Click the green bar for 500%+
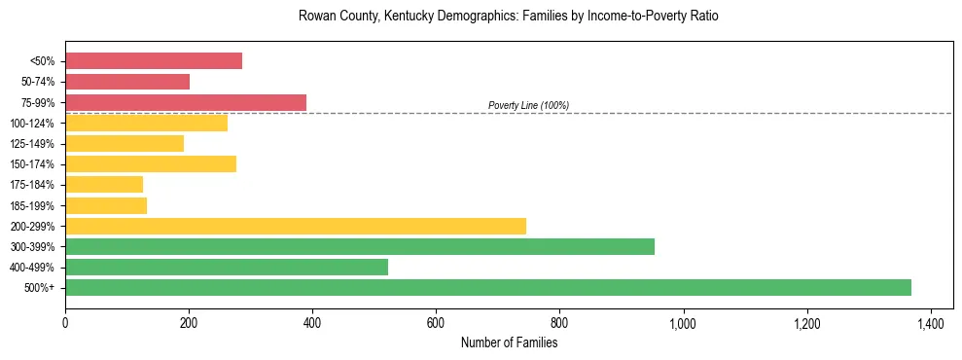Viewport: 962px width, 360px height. pos(487,287)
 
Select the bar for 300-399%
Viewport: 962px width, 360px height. pos(360,246)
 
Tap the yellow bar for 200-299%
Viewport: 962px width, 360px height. pos(296,226)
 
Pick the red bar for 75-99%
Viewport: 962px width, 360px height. pos(186,102)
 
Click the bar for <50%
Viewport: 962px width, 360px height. pos(154,61)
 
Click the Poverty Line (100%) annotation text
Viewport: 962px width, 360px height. pos(528,105)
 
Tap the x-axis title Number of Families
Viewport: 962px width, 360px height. pos(509,342)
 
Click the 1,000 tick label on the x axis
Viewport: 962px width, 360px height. pos(683,322)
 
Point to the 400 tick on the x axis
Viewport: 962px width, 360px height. pos(312,322)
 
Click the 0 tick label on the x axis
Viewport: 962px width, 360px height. pos(65,322)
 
